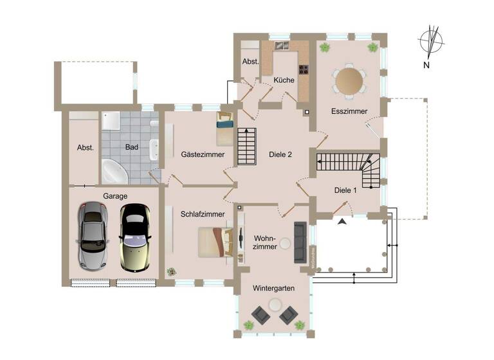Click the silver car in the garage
tap(92, 235)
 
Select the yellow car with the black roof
tap(134, 237)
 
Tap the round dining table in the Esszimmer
tap(350, 80)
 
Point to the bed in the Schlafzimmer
tap(214, 242)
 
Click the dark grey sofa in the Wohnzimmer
tap(300, 242)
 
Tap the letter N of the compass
tap(426, 65)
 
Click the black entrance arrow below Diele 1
tap(342, 221)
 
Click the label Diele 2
tap(280, 154)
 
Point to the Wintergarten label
tap(273, 289)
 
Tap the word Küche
tap(284, 80)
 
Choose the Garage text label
tap(115, 196)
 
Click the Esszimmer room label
tap(349, 111)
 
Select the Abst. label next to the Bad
tap(85, 147)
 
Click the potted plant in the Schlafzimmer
tap(171, 271)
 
